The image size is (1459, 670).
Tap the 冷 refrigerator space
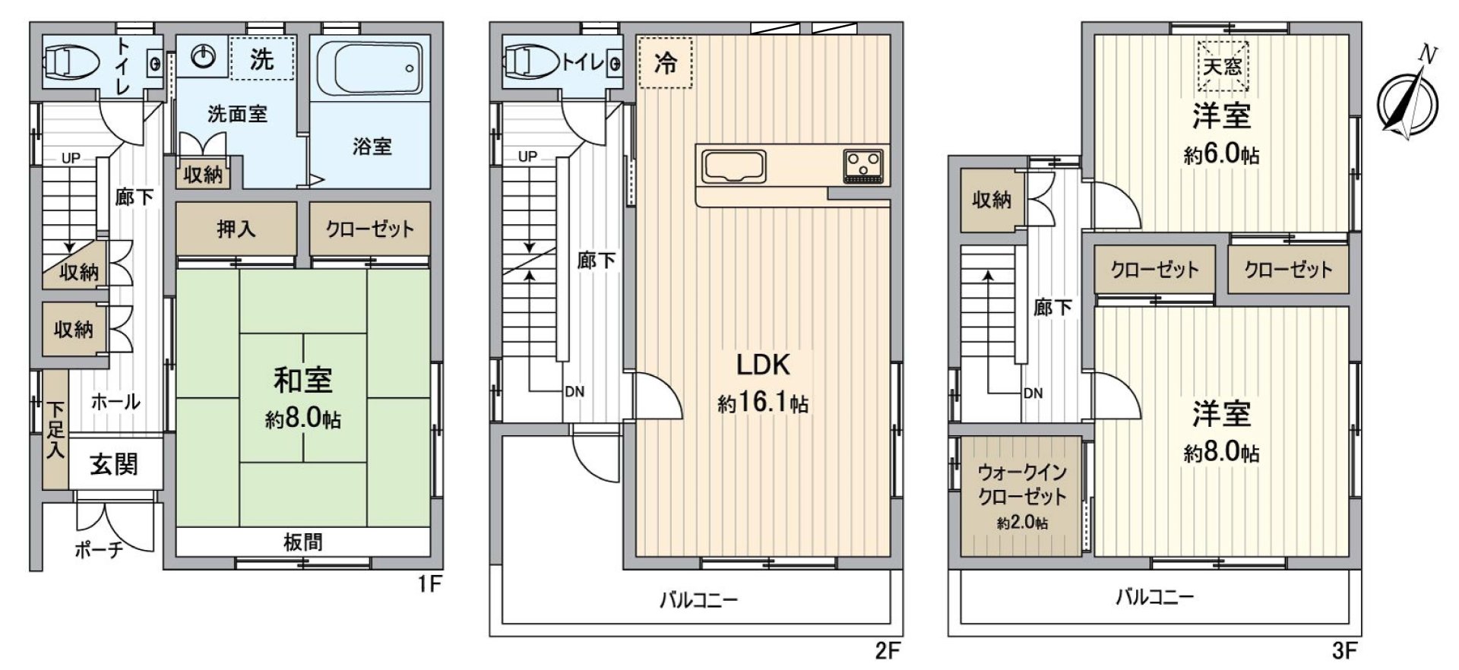pos(665,62)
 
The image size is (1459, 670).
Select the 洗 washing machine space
pos(262,58)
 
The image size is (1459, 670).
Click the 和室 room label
pos(303,380)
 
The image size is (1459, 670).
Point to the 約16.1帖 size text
pos(763,403)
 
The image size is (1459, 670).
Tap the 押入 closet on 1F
pos(236,229)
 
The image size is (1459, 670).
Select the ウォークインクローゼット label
pos(1022,485)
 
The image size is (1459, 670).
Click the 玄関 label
pos(114,464)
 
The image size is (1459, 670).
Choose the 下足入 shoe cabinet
pos(55,430)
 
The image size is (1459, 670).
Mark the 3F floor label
pos(1344,651)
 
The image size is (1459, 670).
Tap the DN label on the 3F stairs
pos(1033,393)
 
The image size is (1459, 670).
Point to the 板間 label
pos(302,542)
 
